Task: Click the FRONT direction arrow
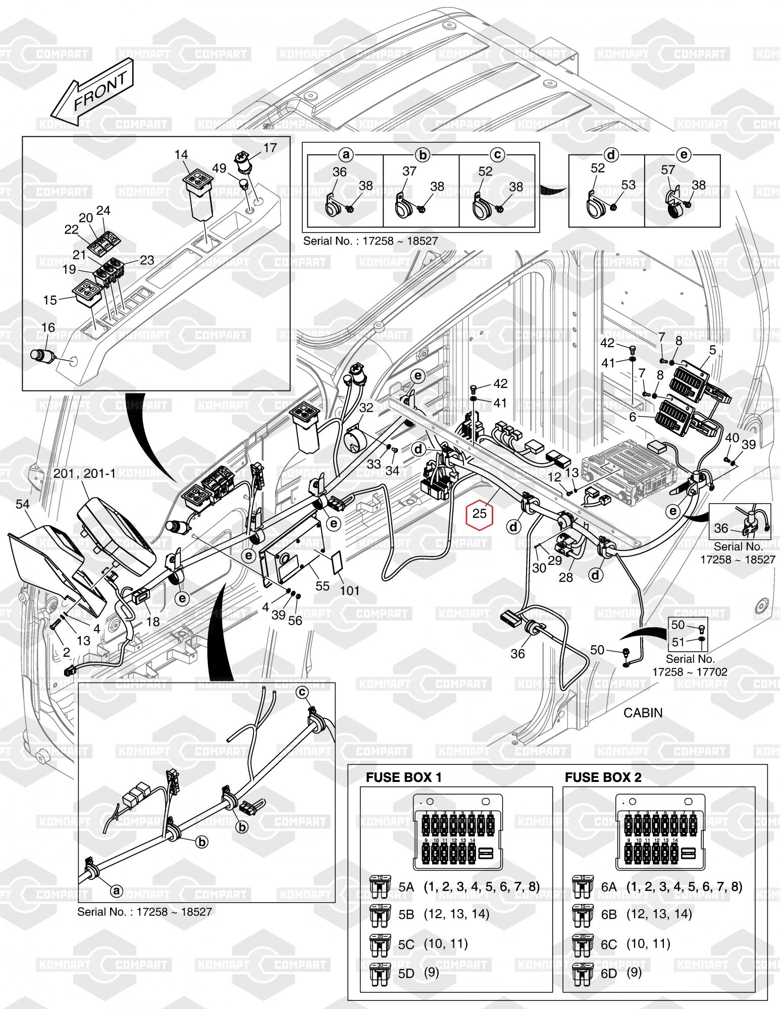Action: click(x=93, y=92)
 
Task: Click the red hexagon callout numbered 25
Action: click(x=479, y=513)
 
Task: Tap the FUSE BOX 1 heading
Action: click(x=403, y=777)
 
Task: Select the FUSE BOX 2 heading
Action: click(x=603, y=777)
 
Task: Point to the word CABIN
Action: click(x=643, y=712)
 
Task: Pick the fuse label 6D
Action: click(x=609, y=973)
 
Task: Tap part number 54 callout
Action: click(x=23, y=504)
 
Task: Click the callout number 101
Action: click(x=349, y=590)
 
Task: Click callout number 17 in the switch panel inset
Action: click(x=270, y=147)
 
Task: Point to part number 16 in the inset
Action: click(x=48, y=328)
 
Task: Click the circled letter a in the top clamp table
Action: click(x=346, y=154)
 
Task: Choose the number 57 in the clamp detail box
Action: click(x=668, y=170)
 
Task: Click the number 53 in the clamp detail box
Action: click(x=628, y=185)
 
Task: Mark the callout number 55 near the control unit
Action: click(x=322, y=585)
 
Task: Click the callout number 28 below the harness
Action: click(x=566, y=577)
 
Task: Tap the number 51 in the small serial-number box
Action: click(x=678, y=642)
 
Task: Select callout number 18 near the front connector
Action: click(x=153, y=621)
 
